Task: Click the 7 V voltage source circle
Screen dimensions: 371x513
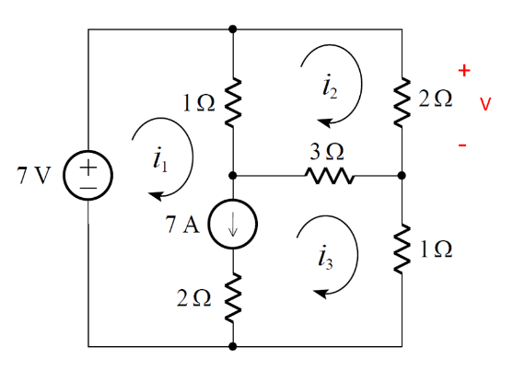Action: pyautogui.click(x=87, y=175)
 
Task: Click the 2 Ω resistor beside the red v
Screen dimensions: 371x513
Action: pyautogui.click(x=402, y=100)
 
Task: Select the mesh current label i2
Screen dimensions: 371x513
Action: pyautogui.click(x=330, y=86)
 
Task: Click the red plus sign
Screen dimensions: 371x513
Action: pyautogui.click(x=465, y=70)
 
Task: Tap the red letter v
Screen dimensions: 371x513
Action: pyautogui.click(x=484, y=105)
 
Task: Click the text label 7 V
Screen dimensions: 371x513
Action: pyautogui.click(x=34, y=176)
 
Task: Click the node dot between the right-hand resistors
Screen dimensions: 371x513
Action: pyautogui.click(x=402, y=175)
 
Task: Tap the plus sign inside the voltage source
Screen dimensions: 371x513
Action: pyautogui.click(x=87, y=167)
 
